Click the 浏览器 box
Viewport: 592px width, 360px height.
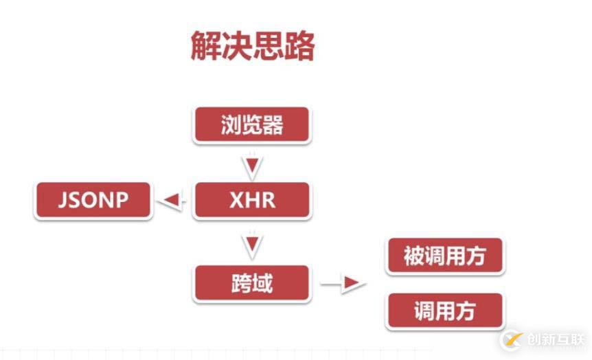pyautogui.click(x=252, y=126)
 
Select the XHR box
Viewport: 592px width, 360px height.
pyautogui.click(x=252, y=200)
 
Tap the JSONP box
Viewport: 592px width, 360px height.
pyautogui.click(x=93, y=200)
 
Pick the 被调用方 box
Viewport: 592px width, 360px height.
pyautogui.click(x=445, y=256)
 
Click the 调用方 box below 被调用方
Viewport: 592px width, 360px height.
pyautogui.click(x=445, y=311)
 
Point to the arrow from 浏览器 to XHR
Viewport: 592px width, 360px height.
pyautogui.click(x=252, y=166)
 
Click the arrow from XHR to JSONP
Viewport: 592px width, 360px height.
pyautogui.click(x=171, y=201)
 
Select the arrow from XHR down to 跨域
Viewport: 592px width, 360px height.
pyautogui.click(x=252, y=243)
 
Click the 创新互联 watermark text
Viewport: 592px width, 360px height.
pyautogui.click(x=556, y=339)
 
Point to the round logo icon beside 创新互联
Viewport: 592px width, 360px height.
pyautogui.click(x=512, y=339)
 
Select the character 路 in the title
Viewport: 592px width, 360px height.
pyautogui.click(x=299, y=47)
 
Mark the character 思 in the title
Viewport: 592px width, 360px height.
pyautogui.click(x=268, y=47)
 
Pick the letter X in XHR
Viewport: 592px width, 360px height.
pyautogui.click(x=234, y=200)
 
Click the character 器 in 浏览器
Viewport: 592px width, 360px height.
pyautogui.click(x=273, y=126)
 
